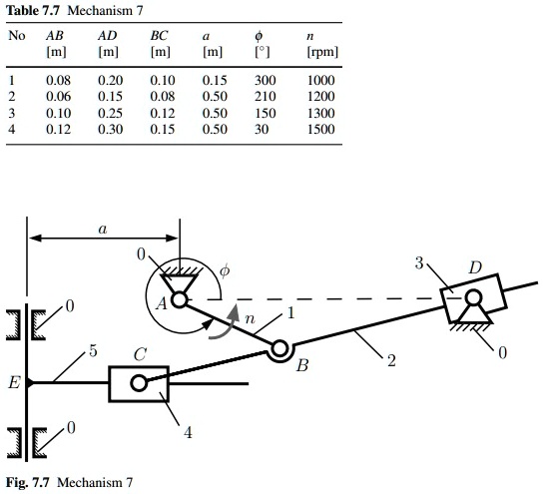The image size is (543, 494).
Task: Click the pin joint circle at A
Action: [180, 299]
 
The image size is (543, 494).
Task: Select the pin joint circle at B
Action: [279, 348]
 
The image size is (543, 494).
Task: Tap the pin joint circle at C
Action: [139, 383]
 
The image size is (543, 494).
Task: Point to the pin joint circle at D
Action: [473, 297]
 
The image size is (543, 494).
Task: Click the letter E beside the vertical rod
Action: [14, 383]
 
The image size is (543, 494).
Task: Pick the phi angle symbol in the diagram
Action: [225, 270]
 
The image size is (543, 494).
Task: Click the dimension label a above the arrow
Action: [103, 229]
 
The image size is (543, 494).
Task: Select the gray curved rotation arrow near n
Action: [227, 323]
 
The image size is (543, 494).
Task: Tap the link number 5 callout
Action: [93, 351]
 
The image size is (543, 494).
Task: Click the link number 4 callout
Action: [188, 432]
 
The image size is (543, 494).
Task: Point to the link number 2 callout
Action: [391, 360]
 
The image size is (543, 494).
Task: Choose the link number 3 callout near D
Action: [419, 263]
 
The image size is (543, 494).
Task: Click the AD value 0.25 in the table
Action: [110, 113]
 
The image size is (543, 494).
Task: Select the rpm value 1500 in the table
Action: [321, 129]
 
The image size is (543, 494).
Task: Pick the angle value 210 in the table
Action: [265, 96]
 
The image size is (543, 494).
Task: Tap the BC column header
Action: [159, 36]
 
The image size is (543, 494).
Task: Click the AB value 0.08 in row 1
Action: [58, 80]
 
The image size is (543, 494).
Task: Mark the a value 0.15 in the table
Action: [215, 80]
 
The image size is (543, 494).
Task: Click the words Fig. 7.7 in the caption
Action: [28, 482]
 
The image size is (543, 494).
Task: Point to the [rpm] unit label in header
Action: [322, 52]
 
